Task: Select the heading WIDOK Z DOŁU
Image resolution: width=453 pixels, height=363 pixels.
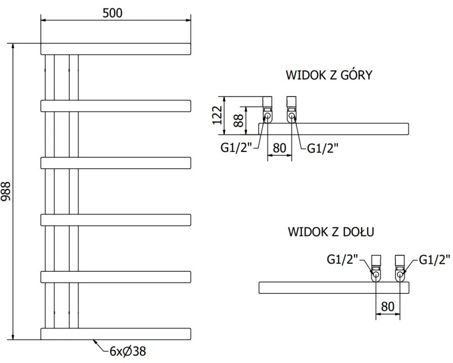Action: (x=331, y=232)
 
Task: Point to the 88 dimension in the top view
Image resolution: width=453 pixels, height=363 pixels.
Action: (x=239, y=120)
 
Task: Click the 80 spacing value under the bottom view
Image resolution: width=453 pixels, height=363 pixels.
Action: (x=387, y=306)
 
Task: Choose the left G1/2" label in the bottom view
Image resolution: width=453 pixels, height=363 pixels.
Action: (x=343, y=260)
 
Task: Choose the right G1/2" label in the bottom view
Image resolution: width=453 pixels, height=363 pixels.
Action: (x=435, y=260)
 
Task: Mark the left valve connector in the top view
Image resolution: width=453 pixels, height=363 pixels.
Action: (x=267, y=111)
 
